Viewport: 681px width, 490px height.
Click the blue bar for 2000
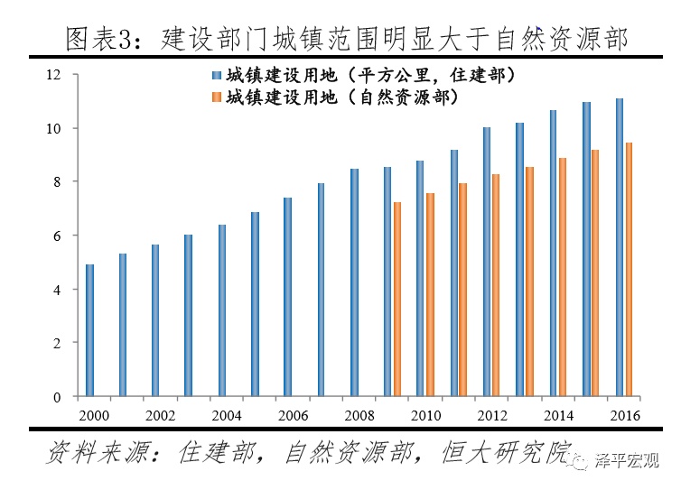pos(89,330)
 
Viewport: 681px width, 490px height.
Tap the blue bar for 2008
pos(354,282)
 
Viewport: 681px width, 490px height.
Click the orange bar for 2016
pos(628,270)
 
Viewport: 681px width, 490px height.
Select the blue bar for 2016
pos(619,247)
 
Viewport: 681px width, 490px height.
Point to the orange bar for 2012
pos(495,285)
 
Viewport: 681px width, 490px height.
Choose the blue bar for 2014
pos(553,254)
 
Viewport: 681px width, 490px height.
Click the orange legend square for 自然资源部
pos(217,97)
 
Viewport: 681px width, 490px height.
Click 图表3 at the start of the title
pos(100,38)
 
